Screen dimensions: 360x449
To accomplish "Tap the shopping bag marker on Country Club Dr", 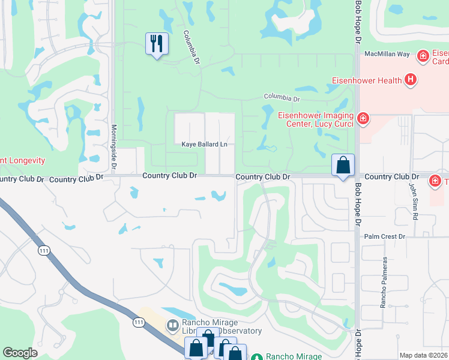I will (x=343, y=165).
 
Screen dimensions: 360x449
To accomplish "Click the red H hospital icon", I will (x=411, y=79).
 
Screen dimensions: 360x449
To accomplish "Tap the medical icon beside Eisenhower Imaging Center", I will (x=363, y=119).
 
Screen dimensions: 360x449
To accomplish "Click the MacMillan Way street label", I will (x=387, y=54).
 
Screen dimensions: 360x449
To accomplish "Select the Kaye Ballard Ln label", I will (x=205, y=145).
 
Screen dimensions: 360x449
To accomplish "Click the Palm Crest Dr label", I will (x=385, y=236).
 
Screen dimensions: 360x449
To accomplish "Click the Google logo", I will (x=20, y=353).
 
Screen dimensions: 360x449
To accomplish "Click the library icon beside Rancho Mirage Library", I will (x=173, y=326).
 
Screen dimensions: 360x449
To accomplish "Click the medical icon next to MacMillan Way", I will (x=423, y=56).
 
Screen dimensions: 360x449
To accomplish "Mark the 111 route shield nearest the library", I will (x=139, y=323).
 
